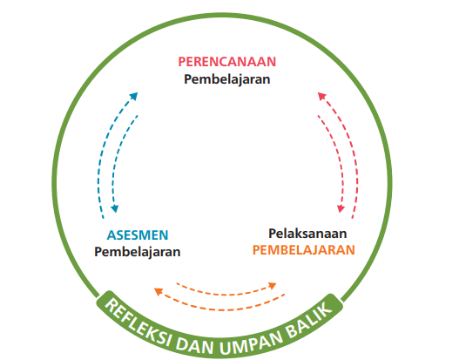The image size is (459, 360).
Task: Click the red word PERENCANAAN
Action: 226,62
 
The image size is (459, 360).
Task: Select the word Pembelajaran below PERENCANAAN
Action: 226,79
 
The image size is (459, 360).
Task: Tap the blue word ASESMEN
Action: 138,235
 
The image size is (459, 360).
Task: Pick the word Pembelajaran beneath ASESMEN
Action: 138,252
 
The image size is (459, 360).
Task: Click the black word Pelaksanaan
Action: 307,234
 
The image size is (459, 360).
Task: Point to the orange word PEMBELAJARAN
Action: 304,250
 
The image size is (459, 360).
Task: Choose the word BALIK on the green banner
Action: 309,320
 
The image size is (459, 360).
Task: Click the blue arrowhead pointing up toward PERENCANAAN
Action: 134,96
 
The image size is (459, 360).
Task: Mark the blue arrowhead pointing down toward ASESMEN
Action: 115,208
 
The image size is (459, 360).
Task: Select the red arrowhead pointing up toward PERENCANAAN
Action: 321,96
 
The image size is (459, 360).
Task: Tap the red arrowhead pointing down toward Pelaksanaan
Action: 341,208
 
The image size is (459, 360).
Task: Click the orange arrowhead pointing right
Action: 273,285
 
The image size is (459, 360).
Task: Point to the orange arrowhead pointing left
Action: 159,291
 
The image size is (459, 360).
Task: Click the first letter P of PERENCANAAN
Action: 182,62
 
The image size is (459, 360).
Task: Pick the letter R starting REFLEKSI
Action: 110,304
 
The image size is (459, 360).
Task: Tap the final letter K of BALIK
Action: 326,310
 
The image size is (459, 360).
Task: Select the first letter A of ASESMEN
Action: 111,235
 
